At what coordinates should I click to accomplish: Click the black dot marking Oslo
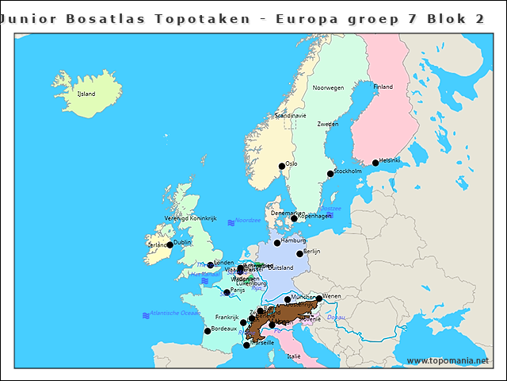click(281, 167)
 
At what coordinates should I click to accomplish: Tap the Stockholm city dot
click(330, 174)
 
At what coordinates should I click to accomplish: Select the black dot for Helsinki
click(375, 164)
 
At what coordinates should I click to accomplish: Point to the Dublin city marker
click(170, 245)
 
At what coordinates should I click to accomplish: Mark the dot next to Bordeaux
click(208, 331)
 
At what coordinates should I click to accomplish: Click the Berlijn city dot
click(299, 254)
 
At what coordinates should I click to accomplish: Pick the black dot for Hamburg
click(277, 243)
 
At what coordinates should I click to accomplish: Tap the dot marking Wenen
click(318, 299)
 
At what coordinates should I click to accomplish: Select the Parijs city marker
click(227, 293)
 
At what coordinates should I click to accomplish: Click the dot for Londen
click(211, 265)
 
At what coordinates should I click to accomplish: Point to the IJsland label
click(86, 94)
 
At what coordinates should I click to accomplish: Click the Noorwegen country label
click(328, 88)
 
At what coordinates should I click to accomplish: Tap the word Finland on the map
click(383, 87)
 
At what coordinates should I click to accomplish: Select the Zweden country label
click(327, 124)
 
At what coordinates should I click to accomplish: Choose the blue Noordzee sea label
click(248, 221)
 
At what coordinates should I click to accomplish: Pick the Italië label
click(294, 356)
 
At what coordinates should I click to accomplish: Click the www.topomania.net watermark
click(448, 361)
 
